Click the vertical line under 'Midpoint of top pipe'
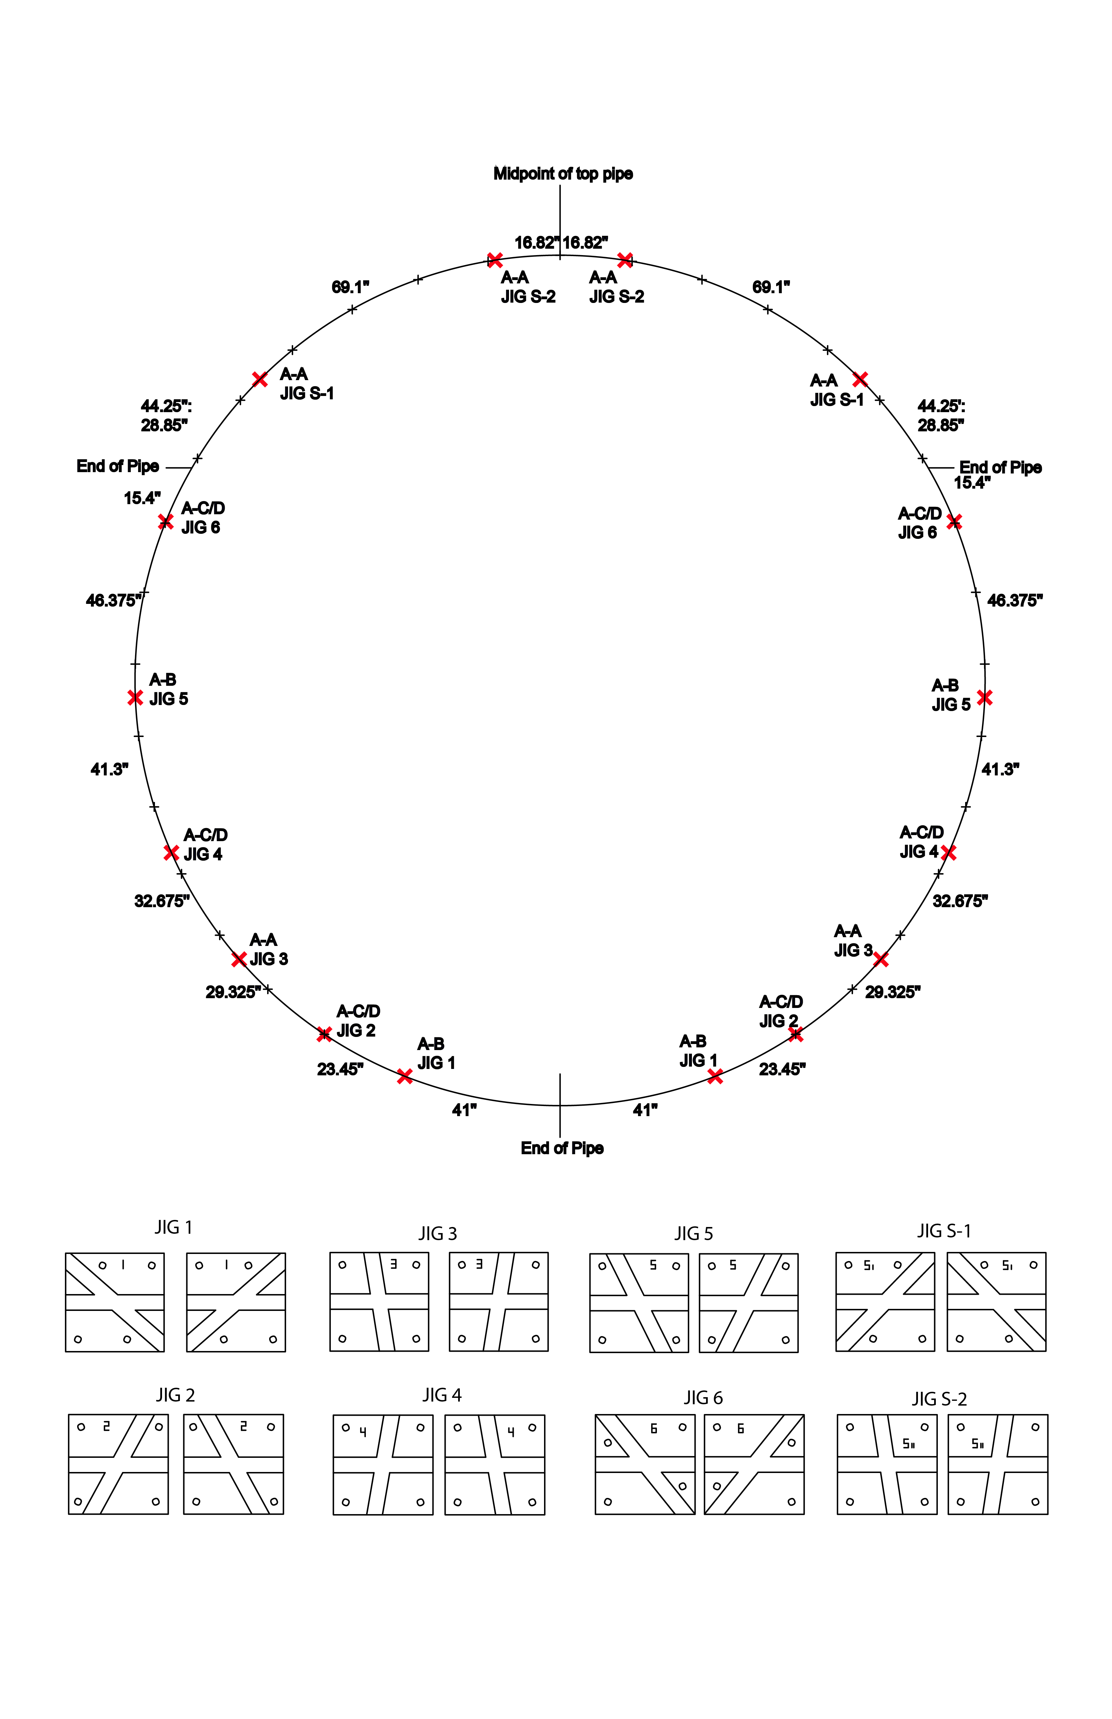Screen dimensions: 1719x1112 point(560,217)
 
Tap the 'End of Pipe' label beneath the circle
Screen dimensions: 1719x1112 point(562,1148)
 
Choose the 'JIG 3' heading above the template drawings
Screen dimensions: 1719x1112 point(438,1234)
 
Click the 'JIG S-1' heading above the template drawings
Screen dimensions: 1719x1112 point(944,1231)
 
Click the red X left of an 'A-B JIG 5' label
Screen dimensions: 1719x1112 point(135,698)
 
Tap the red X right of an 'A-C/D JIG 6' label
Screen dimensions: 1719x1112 point(954,521)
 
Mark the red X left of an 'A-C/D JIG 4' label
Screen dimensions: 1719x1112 point(171,853)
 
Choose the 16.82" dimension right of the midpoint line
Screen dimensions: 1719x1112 point(585,243)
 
